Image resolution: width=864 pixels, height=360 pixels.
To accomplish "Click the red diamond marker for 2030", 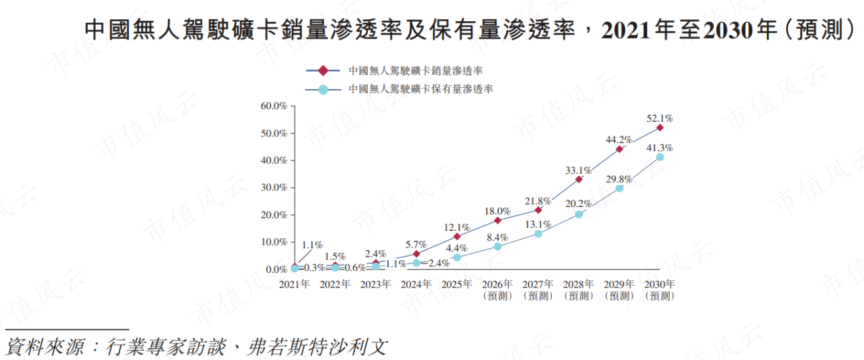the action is (x=660, y=128).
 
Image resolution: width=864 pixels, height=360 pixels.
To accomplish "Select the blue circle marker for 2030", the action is (x=660, y=157).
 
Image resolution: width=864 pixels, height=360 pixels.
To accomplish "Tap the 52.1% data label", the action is (x=660, y=118).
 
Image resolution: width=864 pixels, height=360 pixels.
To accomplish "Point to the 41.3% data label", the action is (x=660, y=148).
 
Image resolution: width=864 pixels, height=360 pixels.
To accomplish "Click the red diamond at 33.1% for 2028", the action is (x=579, y=180).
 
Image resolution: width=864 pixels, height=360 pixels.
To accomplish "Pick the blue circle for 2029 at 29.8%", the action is (x=619, y=188).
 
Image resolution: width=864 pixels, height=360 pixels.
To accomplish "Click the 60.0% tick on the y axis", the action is (x=274, y=106).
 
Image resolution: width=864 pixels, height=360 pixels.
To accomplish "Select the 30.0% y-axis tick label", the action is (x=274, y=188).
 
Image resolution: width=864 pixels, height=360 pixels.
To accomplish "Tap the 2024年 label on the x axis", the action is (x=416, y=284).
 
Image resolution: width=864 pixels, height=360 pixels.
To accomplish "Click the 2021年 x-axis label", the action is (x=295, y=284).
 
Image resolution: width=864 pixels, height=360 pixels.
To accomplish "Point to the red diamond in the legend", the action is (x=323, y=71).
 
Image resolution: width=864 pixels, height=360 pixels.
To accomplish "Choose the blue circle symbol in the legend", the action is (x=323, y=90).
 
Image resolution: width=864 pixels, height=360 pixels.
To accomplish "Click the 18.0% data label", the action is (x=498, y=211).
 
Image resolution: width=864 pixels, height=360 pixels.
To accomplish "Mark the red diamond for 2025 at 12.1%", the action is (x=457, y=236).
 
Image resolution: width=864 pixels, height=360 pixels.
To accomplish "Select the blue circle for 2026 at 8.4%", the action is (x=498, y=246).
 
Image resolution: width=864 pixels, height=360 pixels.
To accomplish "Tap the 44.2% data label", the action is (x=619, y=139).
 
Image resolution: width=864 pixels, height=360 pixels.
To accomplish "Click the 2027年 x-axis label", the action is (x=538, y=284).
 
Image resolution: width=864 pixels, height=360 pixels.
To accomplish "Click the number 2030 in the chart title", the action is (x=728, y=30).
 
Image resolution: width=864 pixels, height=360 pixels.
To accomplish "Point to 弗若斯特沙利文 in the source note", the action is (x=317, y=347).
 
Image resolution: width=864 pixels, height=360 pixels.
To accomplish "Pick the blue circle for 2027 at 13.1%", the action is (x=538, y=234).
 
